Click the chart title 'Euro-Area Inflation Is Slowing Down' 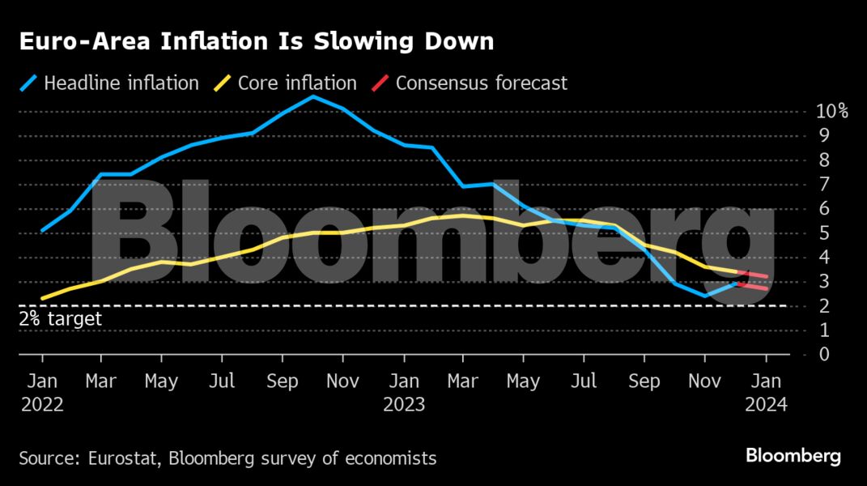pyautogui.click(x=256, y=42)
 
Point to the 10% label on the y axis pyautogui.click(x=832, y=111)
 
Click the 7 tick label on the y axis pyautogui.click(x=823, y=185)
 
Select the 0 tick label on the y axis pyautogui.click(x=823, y=355)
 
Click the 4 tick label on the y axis pyautogui.click(x=823, y=258)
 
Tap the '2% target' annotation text pyautogui.click(x=61, y=319)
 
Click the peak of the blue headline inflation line pyautogui.click(x=313, y=96)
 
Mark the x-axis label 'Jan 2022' pyautogui.click(x=41, y=391)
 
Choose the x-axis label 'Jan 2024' pyautogui.click(x=765, y=391)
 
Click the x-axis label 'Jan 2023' pyautogui.click(x=403, y=391)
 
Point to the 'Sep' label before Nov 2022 pyautogui.click(x=283, y=380)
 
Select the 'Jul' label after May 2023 pyautogui.click(x=584, y=380)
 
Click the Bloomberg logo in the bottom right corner pyautogui.click(x=793, y=456)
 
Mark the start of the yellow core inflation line pyautogui.click(x=42, y=298)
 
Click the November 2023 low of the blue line pyautogui.click(x=704, y=296)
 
